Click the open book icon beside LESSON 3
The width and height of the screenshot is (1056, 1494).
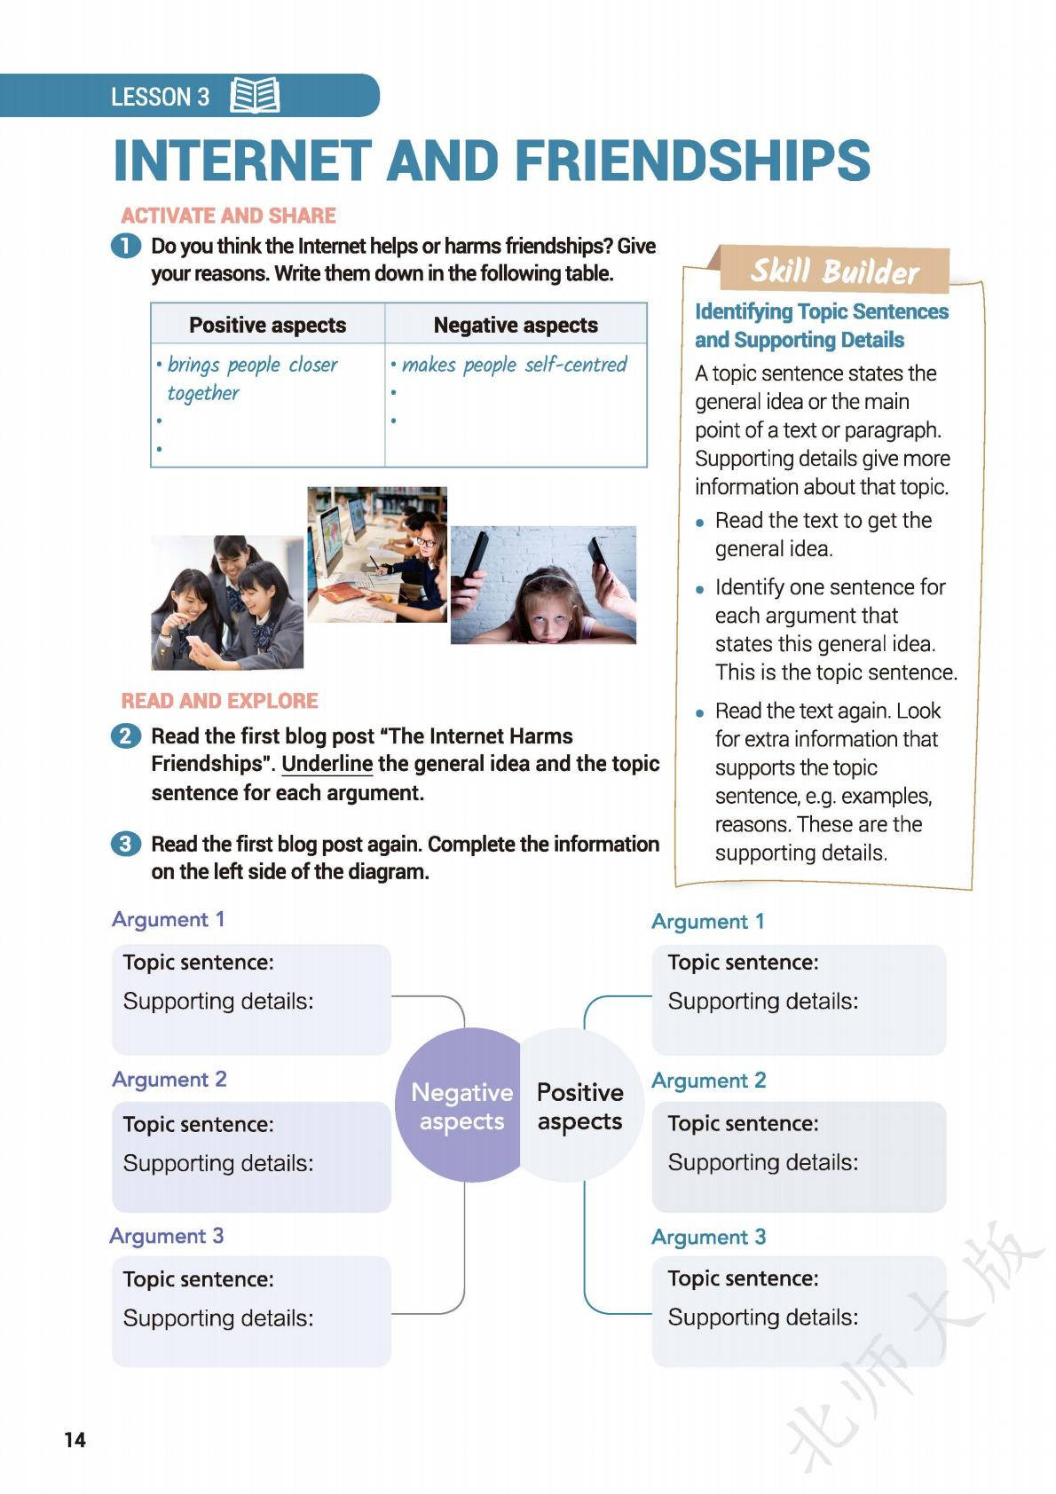coord(255,96)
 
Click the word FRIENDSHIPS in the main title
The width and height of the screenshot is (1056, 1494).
coord(692,161)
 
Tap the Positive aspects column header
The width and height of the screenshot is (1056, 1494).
coord(267,325)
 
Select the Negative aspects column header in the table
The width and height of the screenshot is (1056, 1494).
coord(516,325)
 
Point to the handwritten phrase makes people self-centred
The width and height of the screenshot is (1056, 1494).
coord(514,365)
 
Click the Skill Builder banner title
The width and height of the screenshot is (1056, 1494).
coord(834,271)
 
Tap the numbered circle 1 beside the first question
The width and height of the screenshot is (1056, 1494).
coord(126,246)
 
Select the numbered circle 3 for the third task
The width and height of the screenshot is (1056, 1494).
coord(126,844)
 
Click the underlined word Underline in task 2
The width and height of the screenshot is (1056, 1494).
coord(327,764)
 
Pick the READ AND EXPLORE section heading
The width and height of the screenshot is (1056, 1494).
coord(219,701)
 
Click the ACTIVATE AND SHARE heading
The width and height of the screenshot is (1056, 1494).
coord(228,216)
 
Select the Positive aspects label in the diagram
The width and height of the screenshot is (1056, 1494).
coord(579,1106)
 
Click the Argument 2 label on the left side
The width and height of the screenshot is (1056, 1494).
coord(169,1079)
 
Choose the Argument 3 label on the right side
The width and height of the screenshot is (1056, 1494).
coord(708,1237)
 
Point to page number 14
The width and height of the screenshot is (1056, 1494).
coord(75,1439)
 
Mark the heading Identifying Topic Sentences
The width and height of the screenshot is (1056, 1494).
coord(821,311)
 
